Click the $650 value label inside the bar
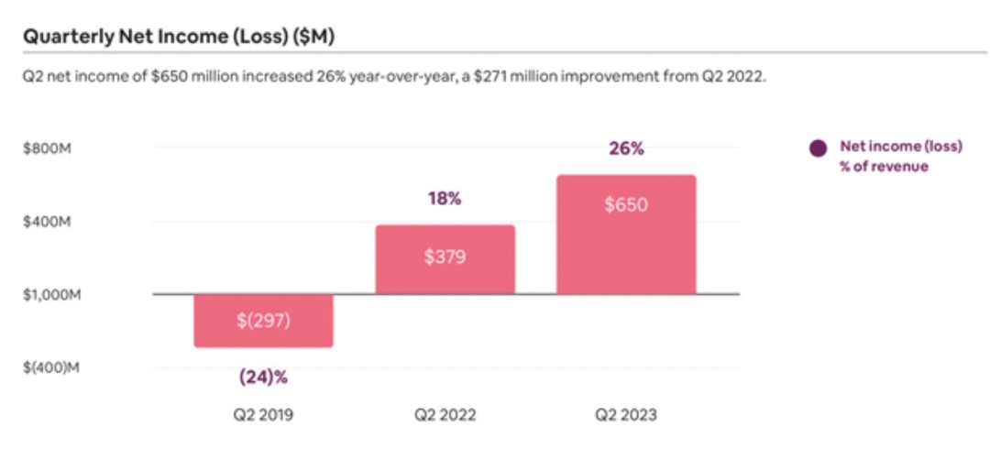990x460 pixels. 627,204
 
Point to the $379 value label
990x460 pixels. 446,257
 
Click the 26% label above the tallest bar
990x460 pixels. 627,148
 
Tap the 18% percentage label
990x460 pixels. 445,198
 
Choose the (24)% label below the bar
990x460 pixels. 263,377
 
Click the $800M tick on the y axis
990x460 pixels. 48,148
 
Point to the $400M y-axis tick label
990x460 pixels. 48,222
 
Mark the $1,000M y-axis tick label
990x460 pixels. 51,295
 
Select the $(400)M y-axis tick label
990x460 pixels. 51,368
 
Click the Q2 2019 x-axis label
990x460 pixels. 263,415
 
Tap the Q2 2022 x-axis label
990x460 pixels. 446,415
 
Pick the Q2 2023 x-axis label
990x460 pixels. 627,415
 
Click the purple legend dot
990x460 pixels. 819,148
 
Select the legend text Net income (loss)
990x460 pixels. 901,147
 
